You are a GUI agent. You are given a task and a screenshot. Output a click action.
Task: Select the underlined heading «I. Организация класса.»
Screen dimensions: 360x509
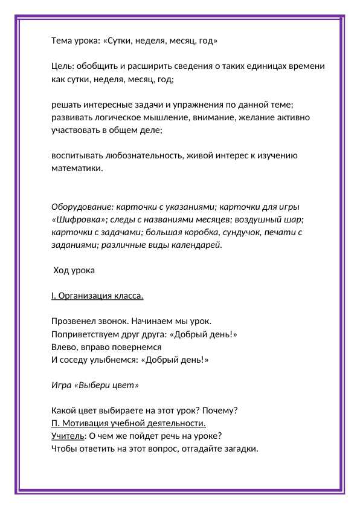[97, 296]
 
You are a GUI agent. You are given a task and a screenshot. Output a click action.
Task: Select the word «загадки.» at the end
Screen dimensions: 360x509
[240, 449]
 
